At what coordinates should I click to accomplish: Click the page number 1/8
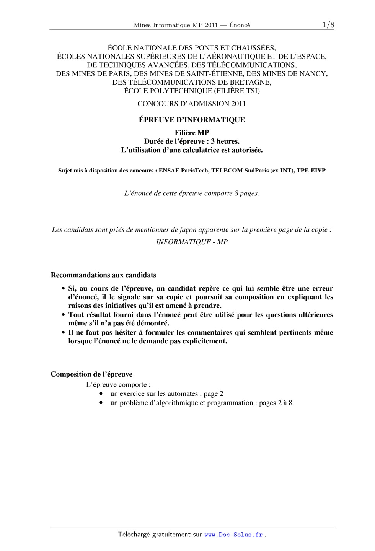click(328, 25)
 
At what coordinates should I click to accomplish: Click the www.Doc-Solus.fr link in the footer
click(233, 535)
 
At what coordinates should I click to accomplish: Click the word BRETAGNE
click(250, 82)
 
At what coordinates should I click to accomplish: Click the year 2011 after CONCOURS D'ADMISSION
click(238, 104)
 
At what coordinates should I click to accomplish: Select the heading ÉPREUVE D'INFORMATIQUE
click(191, 120)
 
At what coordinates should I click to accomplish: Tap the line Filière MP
click(192, 133)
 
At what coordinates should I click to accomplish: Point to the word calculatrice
click(198, 150)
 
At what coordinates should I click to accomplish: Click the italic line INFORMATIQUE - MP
click(192, 242)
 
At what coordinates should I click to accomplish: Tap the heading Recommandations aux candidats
click(103, 275)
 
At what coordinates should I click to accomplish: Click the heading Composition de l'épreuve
click(91, 374)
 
